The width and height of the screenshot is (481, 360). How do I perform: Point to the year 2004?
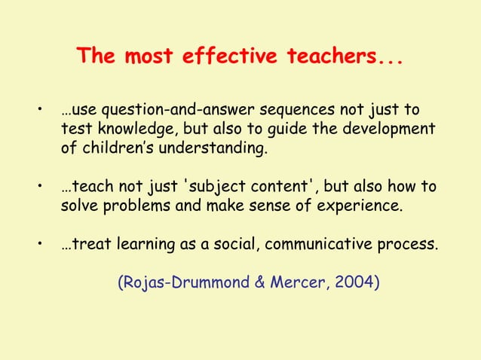(356, 283)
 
